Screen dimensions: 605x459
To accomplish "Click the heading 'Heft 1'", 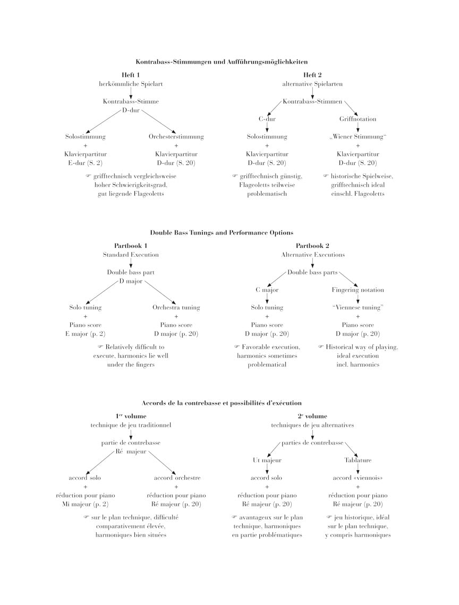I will pos(131,75).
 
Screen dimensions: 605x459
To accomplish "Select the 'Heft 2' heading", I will pos(312,75).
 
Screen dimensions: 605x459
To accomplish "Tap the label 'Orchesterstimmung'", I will pos(176,136).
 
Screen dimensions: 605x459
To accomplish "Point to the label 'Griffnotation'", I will pos(358,119).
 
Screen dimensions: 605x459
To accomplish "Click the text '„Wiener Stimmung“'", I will pos(358,136).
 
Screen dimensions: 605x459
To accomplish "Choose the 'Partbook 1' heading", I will pos(131,246).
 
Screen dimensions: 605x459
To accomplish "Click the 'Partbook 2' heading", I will pos(312,246).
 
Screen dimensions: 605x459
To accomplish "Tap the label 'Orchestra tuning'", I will pos(176,307).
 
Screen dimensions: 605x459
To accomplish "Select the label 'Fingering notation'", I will pos(358,290).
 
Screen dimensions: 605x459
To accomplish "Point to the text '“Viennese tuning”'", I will pos(358,307).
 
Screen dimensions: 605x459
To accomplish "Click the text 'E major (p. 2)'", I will pos(85,334).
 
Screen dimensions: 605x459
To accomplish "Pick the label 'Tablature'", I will pos(358,460).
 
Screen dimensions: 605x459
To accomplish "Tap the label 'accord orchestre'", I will pos(176,478).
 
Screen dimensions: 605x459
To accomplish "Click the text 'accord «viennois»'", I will pos(358,478).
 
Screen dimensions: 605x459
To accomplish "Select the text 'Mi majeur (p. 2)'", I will pos(85,504).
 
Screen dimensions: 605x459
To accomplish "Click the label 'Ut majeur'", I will pos(267,460).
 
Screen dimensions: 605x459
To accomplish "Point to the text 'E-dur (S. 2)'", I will pos(85,163).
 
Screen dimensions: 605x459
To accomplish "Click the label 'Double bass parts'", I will pos(312,272).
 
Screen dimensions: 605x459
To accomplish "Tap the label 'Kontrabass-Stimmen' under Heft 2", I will pos(312,101).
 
